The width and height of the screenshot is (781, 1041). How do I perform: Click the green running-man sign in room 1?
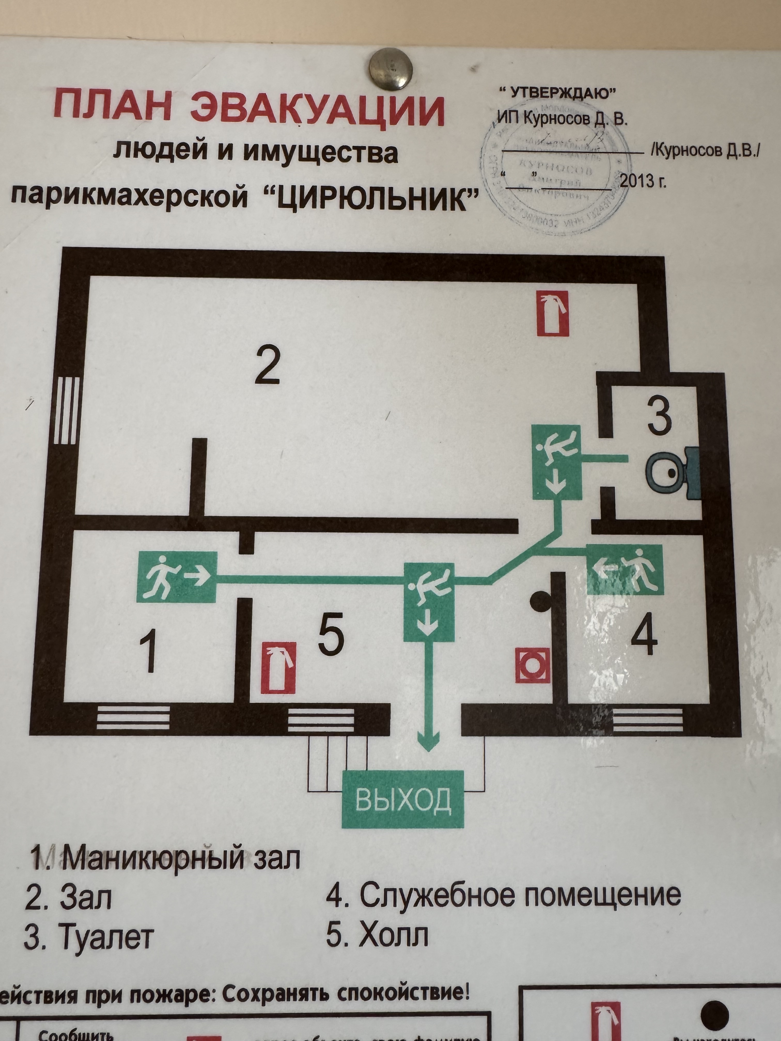(x=177, y=577)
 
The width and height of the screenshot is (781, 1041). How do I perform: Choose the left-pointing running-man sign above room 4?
(x=624, y=570)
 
